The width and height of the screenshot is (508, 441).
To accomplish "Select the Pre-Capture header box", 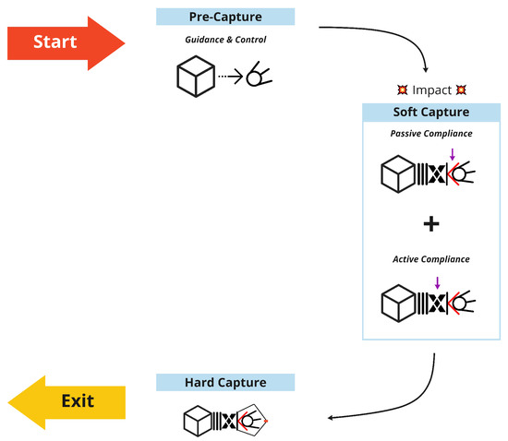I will point(225,16).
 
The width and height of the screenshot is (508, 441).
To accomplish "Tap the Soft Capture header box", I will point(430,112).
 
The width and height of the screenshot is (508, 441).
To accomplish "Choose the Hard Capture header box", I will point(225,382).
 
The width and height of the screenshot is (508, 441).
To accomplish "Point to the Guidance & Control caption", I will point(225,40).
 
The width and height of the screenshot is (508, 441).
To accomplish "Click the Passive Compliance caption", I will point(430,135).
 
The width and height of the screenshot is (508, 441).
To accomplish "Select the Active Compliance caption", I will point(430,260).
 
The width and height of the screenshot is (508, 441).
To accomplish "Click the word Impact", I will point(431,90).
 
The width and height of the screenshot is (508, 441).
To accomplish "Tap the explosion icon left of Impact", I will point(402,90).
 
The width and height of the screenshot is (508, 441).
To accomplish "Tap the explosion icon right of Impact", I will point(461,90).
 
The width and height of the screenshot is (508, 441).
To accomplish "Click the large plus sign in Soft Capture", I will point(430,224).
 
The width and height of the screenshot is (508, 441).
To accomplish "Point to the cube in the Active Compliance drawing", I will point(402,302).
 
